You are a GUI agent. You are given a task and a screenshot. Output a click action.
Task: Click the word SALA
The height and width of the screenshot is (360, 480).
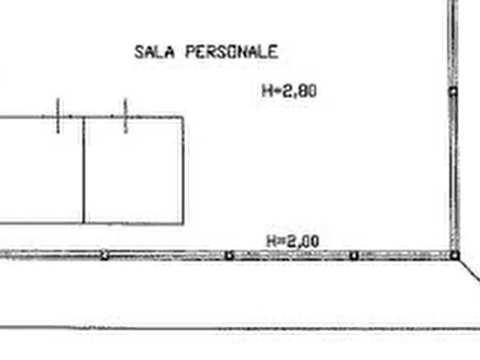coord(155,52)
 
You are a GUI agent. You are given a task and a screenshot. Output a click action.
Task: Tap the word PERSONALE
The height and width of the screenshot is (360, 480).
coord(232,52)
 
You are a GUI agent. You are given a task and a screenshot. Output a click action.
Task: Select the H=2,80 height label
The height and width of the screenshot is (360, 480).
coord(289,91)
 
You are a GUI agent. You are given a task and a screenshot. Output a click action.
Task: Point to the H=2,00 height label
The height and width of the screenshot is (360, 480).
coord(293,241)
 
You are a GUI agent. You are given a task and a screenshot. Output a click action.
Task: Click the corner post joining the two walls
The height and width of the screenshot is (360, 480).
coord(455,255)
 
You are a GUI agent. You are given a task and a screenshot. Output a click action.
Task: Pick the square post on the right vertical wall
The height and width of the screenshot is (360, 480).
coord(453,91)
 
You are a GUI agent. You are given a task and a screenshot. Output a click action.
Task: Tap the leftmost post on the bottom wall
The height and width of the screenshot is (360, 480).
coord(104,255)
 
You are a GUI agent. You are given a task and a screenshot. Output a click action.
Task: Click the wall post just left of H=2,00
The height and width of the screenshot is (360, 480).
coord(229,255)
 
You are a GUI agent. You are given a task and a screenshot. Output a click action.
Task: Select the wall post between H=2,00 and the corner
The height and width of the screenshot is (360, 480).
coord(354,255)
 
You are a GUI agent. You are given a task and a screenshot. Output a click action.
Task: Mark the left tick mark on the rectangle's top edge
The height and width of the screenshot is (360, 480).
coord(58,116)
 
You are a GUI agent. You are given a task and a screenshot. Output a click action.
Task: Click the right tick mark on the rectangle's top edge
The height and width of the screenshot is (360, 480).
coord(125,116)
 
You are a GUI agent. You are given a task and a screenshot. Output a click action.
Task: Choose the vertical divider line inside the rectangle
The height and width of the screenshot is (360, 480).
coord(83,170)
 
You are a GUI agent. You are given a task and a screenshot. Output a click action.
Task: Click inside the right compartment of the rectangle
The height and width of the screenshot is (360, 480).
coord(134,170)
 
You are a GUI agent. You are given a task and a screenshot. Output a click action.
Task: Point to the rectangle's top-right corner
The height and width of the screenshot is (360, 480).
coord(183,117)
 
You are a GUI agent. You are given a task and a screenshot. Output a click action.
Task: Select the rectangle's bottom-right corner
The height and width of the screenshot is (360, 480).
coord(183,224)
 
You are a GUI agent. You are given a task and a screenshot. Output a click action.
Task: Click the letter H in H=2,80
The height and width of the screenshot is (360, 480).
coord(267,91)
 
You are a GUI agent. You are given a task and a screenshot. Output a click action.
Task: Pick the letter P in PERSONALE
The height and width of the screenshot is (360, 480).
coord(190,52)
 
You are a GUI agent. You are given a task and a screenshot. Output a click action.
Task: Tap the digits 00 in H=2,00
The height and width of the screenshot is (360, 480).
coord(310,241)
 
